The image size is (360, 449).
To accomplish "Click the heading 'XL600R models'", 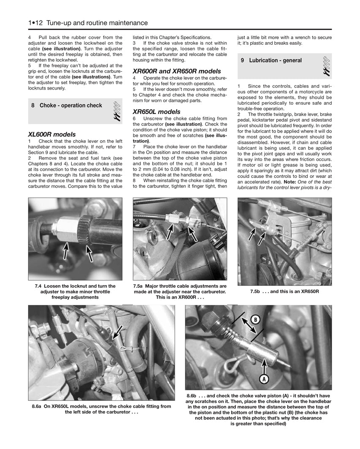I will click(52, 134).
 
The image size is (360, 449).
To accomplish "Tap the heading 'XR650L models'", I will click(156, 112).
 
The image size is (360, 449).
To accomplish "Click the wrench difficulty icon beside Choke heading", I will click(117, 112).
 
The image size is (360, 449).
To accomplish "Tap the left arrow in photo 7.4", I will click(66, 251).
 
